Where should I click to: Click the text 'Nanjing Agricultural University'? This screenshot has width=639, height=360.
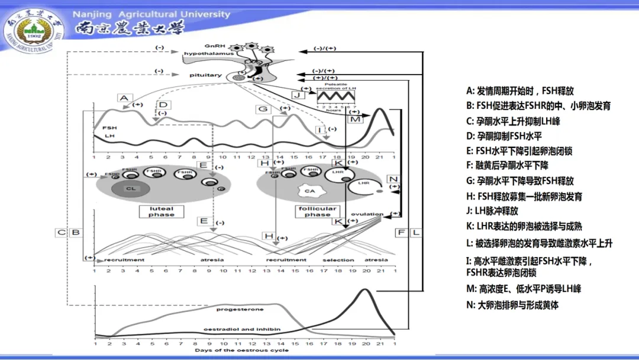click(151, 14)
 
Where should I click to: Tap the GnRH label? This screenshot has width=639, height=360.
click(213, 45)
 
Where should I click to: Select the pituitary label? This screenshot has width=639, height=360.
click(205, 75)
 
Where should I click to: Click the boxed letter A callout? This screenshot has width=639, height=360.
click(123, 98)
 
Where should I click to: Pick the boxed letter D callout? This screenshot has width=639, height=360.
click(164, 105)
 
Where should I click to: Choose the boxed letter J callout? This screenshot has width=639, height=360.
click(297, 94)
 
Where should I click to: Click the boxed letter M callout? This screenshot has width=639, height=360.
click(355, 119)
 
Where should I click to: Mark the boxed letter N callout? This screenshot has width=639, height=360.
click(393, 179)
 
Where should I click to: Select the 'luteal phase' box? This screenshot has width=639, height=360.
click(161, 211)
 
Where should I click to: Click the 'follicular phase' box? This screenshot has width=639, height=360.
click(318, 211)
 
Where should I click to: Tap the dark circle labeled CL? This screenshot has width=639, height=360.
click(131, 189)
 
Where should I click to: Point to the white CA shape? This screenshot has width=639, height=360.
click(309, 191)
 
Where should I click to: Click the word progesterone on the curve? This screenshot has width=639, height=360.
click(240, 309)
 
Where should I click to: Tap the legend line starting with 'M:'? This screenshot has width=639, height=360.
click(523, 289)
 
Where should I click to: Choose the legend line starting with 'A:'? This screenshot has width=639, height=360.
click(519, 91)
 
